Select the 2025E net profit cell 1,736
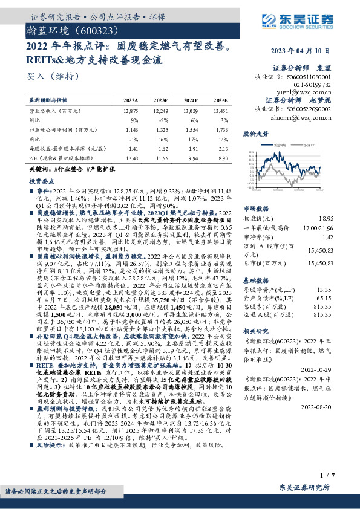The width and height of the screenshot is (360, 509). pos(221,129)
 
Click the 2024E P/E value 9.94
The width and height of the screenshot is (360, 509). pos(191,157)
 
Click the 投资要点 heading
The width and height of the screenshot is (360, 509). pos(42,181)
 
